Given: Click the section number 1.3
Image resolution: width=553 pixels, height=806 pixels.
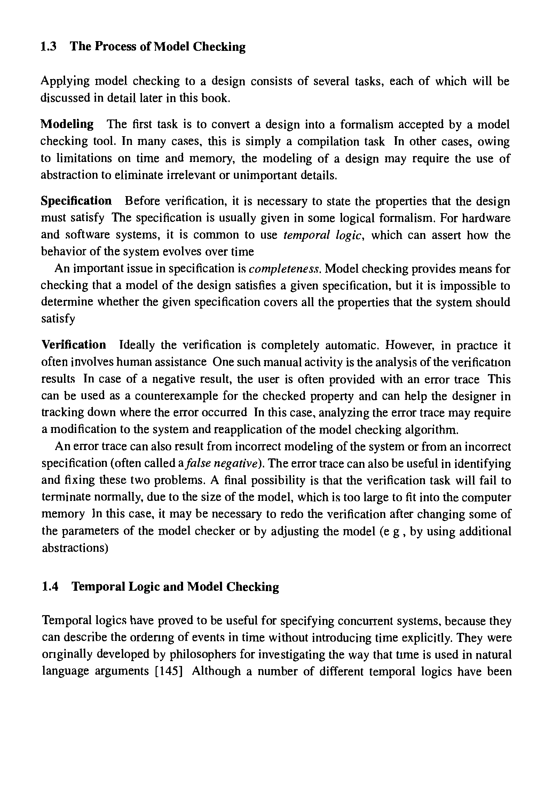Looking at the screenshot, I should tap(48, 46).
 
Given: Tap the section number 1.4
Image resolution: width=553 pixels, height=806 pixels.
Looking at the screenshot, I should tap(50, 587).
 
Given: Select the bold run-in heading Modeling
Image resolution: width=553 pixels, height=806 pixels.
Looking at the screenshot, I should tap(67, 124).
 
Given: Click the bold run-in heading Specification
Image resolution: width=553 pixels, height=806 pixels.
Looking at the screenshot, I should tap(77, 201).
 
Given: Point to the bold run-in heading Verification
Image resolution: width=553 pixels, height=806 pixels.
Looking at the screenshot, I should tap(74, 345).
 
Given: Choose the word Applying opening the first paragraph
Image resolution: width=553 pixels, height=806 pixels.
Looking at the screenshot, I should tap(65, 82).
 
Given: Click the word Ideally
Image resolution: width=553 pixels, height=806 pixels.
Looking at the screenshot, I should tap(137, 345).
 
